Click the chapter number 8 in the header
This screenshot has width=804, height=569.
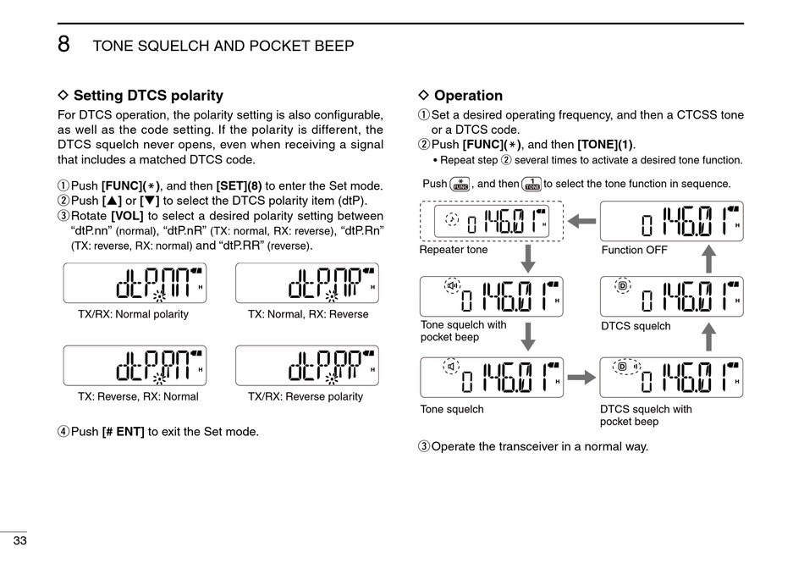63,45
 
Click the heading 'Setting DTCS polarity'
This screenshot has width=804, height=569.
148,96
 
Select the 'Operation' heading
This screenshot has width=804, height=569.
468,96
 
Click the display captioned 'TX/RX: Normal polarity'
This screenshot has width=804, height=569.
134,284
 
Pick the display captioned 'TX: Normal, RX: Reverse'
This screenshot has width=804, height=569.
307,284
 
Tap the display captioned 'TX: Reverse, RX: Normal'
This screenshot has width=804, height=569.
134,366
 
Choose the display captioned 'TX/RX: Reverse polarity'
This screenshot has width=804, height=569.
307,366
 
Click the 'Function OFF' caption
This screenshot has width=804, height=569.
634,251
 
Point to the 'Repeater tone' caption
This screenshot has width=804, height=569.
454,251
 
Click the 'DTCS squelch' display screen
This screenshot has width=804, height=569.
672,296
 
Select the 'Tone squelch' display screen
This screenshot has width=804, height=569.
492,378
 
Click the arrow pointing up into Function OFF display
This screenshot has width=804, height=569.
709,257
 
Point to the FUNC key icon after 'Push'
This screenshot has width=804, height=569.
460,184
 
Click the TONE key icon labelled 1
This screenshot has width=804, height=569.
531,184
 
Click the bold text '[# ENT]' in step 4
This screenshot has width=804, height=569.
123,432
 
